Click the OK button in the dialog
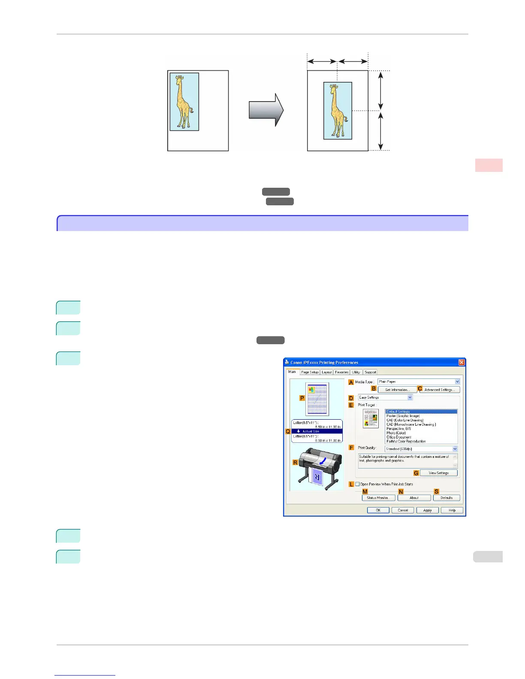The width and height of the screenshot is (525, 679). pos(378,510)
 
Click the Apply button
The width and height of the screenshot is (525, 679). pos(427,510)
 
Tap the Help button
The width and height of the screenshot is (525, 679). pos(452,510)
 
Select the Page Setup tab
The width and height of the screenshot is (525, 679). pos(310,372)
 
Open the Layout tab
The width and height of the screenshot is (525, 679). pos(327,372)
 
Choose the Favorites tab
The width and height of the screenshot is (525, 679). pos(342,372)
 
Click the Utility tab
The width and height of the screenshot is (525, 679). pos(356,372)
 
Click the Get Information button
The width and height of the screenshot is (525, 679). pos(397,390)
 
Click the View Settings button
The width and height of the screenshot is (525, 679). pos(438,473)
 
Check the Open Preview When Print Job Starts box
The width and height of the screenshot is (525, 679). pos(357,484)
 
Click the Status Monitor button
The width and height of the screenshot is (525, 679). pos(378,498)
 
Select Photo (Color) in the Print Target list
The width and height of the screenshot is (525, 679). pos(396,433)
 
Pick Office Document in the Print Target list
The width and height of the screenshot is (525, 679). pos(399,437)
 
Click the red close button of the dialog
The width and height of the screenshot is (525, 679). pos(462,362)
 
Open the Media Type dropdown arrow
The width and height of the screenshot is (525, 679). pos(457,382)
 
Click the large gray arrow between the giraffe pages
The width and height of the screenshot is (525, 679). pos(266,110)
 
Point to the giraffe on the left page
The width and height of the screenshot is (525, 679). pos(184,102)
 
